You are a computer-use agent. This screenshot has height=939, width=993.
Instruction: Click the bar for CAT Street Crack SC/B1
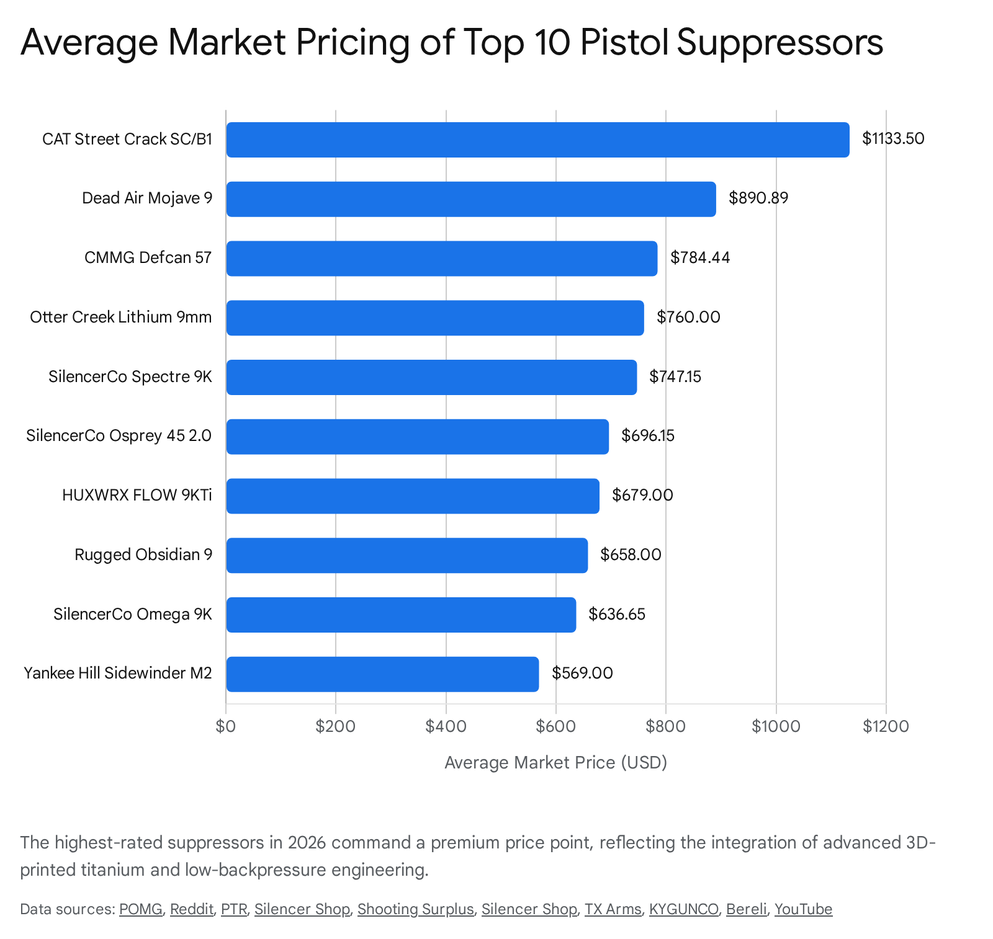537,140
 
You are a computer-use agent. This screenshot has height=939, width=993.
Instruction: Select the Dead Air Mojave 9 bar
470,199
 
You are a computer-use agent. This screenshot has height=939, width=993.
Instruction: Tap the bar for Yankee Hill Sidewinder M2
382,674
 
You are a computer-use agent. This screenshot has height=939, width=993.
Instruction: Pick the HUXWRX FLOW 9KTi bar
413,496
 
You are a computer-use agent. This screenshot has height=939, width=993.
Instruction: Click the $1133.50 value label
893,139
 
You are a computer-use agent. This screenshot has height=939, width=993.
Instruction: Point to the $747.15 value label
675,376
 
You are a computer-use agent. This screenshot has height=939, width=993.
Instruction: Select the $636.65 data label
617,614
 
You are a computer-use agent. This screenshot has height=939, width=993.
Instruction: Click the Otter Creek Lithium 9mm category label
121,318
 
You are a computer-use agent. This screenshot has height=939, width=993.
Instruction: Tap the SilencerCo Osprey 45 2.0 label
119,436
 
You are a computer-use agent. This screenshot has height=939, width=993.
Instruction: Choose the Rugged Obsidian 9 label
143,554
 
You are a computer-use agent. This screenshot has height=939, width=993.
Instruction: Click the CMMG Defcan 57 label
148,258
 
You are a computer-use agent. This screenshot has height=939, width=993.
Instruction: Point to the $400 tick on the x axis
446,726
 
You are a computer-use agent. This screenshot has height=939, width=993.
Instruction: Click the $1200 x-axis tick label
886,726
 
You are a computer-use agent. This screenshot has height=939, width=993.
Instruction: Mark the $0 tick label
226,726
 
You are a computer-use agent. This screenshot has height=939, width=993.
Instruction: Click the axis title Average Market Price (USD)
555,762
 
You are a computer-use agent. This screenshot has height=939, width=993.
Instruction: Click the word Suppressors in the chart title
780,42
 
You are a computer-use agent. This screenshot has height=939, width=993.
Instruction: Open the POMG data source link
141,909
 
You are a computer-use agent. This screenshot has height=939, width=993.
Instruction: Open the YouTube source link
803,909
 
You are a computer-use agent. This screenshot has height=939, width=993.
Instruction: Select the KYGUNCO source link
684,909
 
